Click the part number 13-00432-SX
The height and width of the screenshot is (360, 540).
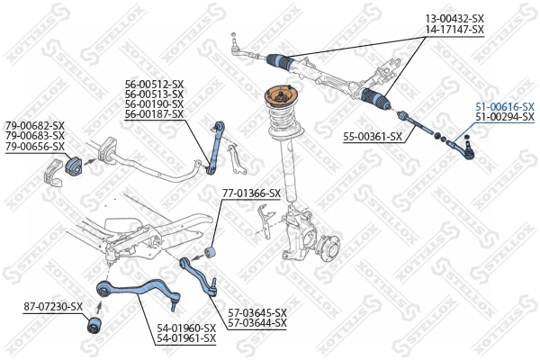coord(454,18)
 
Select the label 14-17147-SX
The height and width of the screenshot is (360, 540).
coord(454,30)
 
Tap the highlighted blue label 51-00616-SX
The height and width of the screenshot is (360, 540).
coord(505,106)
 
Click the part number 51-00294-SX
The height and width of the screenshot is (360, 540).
coord(505,118)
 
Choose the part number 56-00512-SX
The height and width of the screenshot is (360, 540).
coord(154,84)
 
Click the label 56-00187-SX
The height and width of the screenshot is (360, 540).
coord(154,114)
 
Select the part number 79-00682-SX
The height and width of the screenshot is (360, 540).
coord(35,125)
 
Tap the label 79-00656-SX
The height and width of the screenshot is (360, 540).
coord(35,146)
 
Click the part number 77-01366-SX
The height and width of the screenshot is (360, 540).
coord(251,193)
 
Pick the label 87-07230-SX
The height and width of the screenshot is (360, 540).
coord(53,307)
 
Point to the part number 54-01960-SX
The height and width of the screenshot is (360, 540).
coord(186,328)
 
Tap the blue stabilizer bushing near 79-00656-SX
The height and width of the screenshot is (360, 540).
coord(73,168)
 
